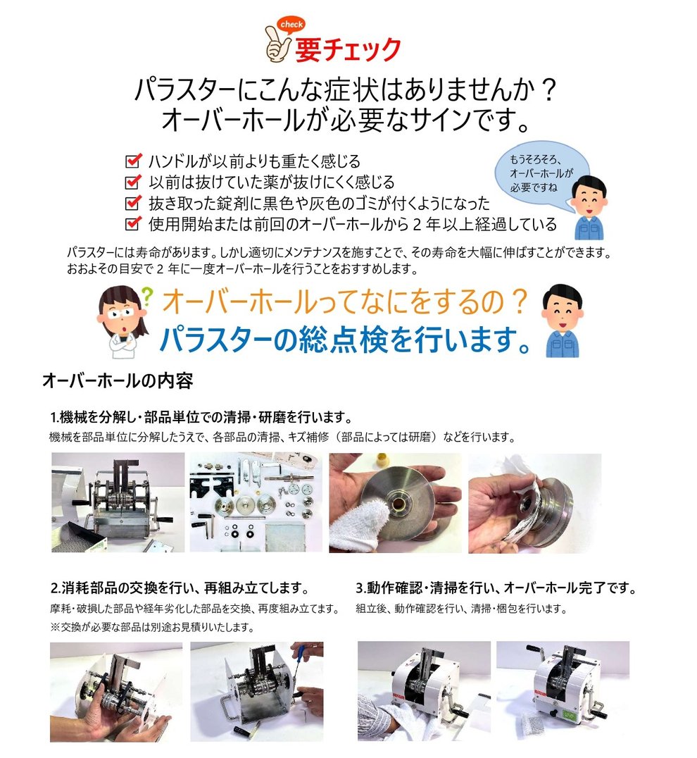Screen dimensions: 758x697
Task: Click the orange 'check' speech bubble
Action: point(291,25)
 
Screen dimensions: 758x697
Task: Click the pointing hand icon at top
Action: point(276,44)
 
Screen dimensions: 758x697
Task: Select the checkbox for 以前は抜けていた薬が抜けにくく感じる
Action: point(132,182)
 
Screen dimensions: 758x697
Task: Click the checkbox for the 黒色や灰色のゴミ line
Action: point(132,203)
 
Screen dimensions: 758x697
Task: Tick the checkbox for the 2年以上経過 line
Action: point(132,224)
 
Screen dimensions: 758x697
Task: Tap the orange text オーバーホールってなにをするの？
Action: point(345,302)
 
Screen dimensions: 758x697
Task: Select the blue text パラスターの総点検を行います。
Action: point(345,338)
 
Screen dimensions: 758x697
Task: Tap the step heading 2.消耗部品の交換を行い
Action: point(181,588)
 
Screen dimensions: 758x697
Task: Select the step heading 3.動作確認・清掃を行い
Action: point(496,588)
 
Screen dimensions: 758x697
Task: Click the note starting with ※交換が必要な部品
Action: point(151,626)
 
